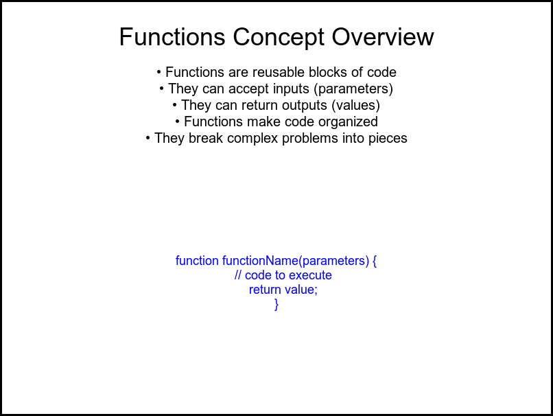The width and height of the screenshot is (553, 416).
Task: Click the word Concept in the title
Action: point(279,37)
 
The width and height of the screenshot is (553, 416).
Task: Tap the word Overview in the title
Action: point(383,36)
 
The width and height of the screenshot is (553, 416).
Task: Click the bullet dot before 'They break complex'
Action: point(148,138)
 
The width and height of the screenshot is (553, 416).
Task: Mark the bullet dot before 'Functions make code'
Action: point(178,122)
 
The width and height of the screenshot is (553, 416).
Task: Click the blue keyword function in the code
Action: point(197,261)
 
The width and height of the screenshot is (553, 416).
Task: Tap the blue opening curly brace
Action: point(375,261)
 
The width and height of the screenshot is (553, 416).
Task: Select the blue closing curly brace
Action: point(276,304)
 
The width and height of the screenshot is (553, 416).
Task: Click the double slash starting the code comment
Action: point(238,275)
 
